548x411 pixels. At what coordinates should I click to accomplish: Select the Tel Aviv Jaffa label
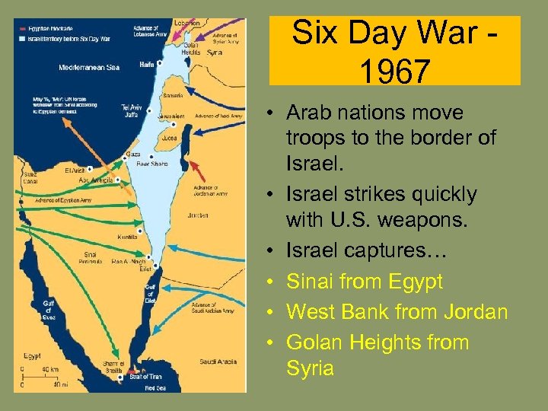click(131, 110)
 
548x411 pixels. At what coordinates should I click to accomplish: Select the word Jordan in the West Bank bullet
click(473, 312)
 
